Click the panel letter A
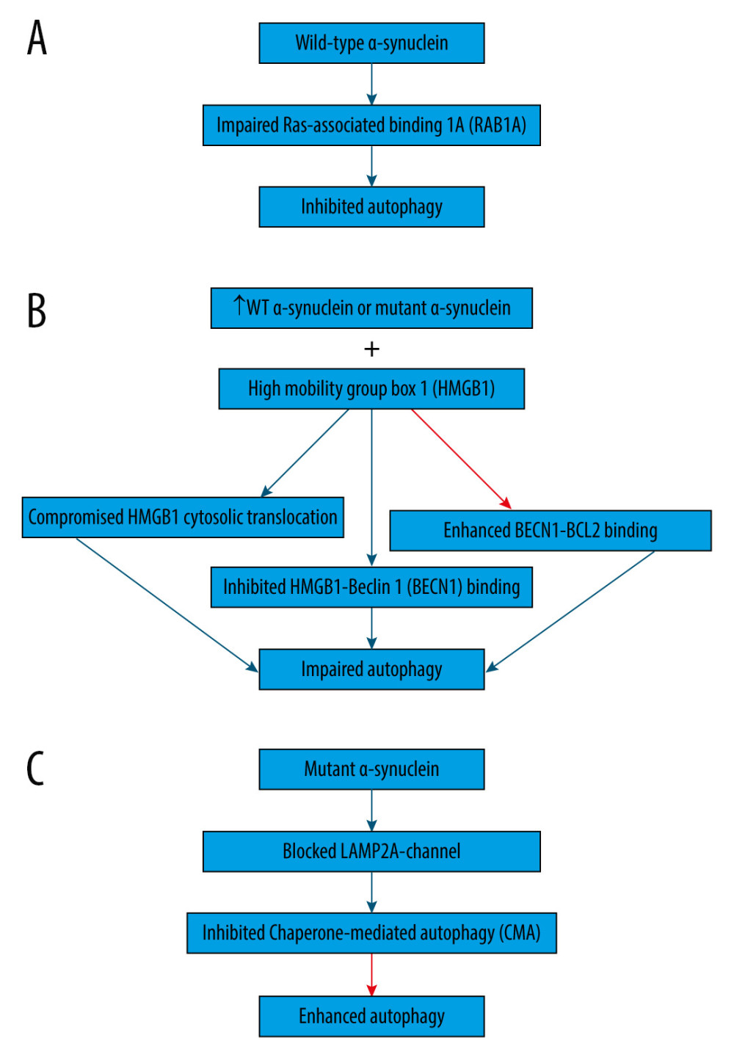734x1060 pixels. [37, 38]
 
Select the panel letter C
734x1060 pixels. [35, 769]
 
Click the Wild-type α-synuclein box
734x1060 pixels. [371, 43]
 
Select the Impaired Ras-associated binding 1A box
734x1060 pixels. [371, 126]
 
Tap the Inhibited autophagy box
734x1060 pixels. [371, 207]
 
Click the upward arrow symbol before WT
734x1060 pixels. [239, 305]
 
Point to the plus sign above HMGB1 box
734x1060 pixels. [371, 349]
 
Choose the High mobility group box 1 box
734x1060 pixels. [371, 388]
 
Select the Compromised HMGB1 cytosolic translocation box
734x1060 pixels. [183, 518]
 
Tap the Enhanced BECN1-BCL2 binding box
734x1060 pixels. [550, 531]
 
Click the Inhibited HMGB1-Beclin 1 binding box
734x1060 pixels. [371, 587]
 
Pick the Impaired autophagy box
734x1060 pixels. [371, 669]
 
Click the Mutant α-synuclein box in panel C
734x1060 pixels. [371, 769]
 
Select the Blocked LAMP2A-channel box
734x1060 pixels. [371, 852]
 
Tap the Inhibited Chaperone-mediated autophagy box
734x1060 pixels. [371, 933]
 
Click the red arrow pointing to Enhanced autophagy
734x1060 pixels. [371, 975]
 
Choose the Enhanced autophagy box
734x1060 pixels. [371, 1017]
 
